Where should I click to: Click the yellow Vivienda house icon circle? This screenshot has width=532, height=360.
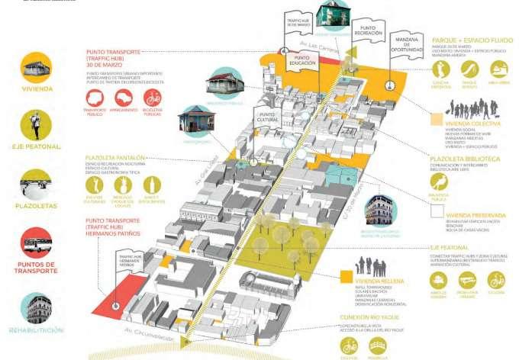[x=35, y=68]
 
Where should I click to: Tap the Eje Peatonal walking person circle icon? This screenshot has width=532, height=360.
[x=35, y=124]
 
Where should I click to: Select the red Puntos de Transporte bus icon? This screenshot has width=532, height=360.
[x=35, y=243]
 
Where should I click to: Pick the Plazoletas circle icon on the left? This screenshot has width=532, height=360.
[x=35, y=184]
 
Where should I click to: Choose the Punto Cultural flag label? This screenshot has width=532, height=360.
[x=270, y=119]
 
